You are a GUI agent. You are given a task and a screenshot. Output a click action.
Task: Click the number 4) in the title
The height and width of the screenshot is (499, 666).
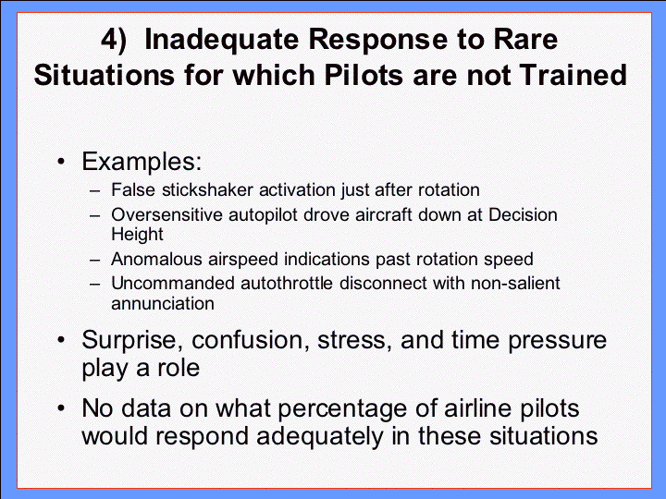[x=114, y=41]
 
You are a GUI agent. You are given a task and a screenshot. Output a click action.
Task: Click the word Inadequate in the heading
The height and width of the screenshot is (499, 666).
[x=222, y=40]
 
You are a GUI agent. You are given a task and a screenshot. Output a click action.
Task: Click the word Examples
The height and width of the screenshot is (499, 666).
[x=142, y=162]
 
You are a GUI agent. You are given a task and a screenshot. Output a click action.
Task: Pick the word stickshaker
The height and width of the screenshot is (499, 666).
[x=208, y=190]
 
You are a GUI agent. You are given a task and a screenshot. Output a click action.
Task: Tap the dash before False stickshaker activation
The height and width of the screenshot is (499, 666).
[x=95, y=191]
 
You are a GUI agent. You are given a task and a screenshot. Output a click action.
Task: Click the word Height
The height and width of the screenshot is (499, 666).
[x=137, y=235]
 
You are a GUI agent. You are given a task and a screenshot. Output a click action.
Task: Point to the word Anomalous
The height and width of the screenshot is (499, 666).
[x=156, y=260]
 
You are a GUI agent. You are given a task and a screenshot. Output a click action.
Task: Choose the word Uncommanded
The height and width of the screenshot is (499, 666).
[x=173, y=284]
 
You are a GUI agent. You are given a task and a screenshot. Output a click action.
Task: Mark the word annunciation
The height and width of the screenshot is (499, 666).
[x=163, y=304]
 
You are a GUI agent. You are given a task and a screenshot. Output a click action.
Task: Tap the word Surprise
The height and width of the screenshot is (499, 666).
[x=132, y=341]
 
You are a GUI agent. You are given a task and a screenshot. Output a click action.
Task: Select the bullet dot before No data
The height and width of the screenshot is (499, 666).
[x=62, y=408]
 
